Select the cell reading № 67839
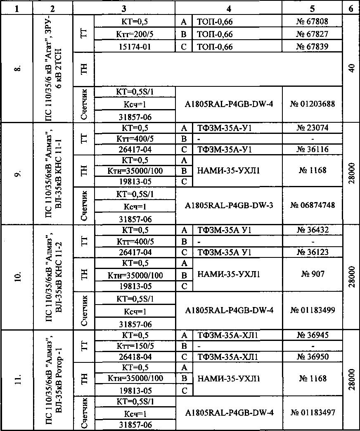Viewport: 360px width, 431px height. click(x=312, y=47)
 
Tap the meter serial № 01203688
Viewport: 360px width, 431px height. click(x=312, y=104)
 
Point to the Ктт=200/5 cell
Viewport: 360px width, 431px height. click(x=135, y=33)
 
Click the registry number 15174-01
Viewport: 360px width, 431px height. click(x=135, y=47)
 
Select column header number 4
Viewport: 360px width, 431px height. click(x=229, y=7)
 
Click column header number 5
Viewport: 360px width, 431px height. click(x=312, y=7)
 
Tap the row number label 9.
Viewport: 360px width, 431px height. click(x=16, y=174)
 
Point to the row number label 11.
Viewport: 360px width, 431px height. click(x=16, y=379)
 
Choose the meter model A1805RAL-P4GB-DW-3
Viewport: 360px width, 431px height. click(x=229, y=205)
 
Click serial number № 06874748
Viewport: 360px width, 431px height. click(x=312, y=205)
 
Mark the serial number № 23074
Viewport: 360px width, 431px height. click(x=312, y=128)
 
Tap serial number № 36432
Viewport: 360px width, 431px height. click(x=312, y=230)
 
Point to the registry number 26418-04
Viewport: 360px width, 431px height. click(x=135, y=356)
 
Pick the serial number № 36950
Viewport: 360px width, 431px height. click(x=312, y=356)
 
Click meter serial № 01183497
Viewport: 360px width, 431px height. click(x=312, y=412)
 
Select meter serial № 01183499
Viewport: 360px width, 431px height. click(x=312, y=310)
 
